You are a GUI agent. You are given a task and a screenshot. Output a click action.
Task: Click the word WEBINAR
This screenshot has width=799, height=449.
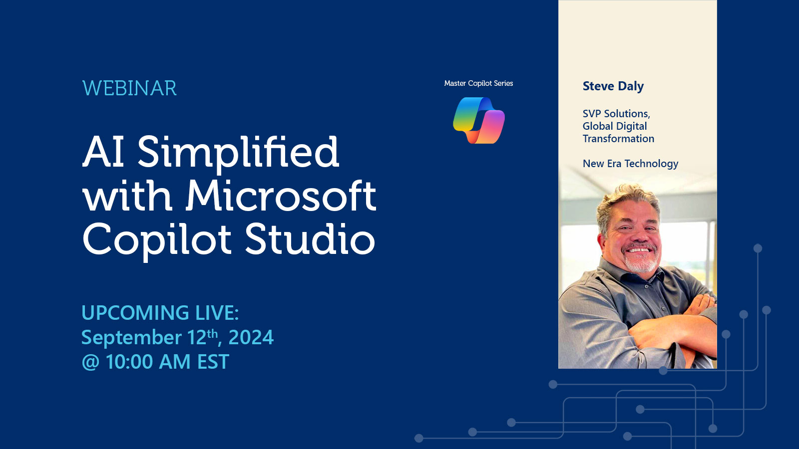pos(129,88)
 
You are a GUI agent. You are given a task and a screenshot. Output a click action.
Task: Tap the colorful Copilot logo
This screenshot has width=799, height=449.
pos(479,120)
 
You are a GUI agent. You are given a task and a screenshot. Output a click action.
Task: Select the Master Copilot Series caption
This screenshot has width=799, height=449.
pos(479,83)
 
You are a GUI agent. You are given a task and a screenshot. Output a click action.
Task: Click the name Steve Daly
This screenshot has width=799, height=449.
pos(613,86)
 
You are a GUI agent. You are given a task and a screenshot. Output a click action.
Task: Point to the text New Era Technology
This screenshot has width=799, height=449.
pos(630,164)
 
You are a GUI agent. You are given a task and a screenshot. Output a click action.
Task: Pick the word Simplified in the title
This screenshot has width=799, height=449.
pos(238,153)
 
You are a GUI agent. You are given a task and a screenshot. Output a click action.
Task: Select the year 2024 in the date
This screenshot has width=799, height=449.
pos(251,337)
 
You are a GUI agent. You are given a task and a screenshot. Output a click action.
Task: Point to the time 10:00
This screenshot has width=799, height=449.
pos(130,361)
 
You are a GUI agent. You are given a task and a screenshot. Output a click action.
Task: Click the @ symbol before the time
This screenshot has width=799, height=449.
pos(90,362)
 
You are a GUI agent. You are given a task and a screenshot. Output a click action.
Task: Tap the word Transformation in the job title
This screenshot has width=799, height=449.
pos(618,139)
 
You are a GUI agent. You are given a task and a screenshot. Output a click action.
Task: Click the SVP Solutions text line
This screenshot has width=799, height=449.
pos(616,114)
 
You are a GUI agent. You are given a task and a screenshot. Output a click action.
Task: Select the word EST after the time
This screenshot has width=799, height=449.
pos(213,361)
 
